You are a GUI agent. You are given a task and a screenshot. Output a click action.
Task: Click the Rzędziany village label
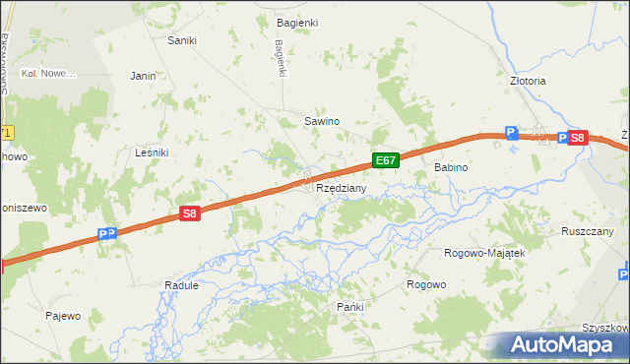click(342, 188)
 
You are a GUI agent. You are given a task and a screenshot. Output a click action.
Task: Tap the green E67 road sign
click(386, 159)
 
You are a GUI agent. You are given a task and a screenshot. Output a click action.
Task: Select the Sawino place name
click(321, 121)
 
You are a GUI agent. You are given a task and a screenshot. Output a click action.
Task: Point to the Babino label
click(451, 168)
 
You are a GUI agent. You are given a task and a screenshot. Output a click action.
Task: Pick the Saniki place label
click(182, 40)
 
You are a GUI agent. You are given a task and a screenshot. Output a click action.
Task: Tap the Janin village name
click(144, 75)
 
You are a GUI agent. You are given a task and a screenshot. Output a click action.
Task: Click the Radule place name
click(181, 285)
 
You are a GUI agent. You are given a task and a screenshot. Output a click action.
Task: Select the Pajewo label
click(63, 316)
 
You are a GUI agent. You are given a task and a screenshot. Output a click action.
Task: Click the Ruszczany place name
click(589, 231)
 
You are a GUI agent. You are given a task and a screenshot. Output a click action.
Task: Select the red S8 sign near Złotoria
click(578, 139)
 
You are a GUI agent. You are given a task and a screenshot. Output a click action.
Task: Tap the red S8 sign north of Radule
click(191, 212)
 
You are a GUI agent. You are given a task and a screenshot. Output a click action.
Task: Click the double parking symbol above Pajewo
click(108, 234)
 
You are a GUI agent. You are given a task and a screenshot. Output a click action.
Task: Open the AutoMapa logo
click(562, 345)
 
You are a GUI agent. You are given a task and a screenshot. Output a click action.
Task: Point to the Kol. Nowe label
click(48, 74)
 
